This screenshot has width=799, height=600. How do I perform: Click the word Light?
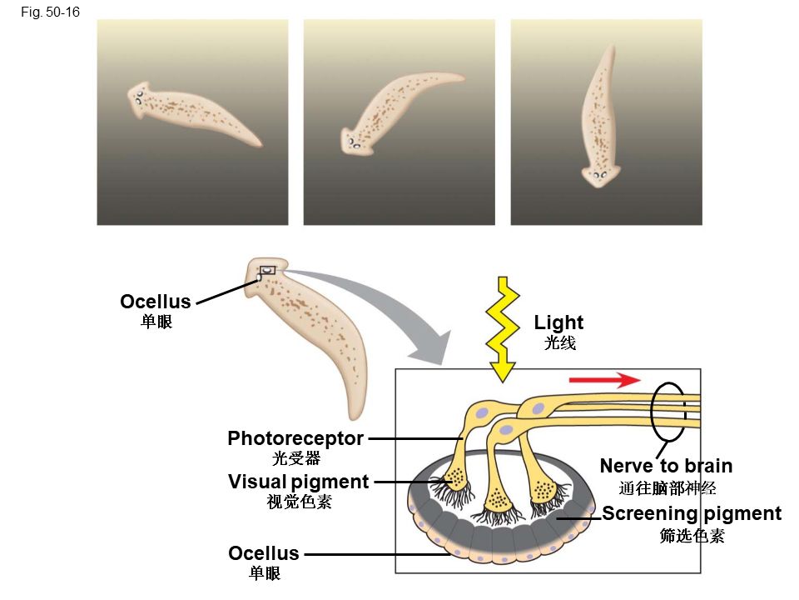point(558,322)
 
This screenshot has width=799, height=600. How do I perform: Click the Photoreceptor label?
point(295,438)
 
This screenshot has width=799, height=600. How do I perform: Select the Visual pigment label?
point(298,482)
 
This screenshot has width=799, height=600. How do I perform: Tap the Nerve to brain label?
point(666,466)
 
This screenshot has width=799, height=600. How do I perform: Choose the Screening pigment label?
point(692,513)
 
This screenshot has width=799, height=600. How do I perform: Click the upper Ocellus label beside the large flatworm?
point(156,301)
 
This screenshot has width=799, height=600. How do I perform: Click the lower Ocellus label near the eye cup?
point(264,553)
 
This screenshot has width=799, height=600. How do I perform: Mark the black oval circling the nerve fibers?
point(668,411)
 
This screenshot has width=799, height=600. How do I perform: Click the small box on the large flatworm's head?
point(267,270)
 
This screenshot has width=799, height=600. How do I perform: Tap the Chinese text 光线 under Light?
point(559,343)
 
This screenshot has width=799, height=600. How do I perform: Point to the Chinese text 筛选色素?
point(692,536)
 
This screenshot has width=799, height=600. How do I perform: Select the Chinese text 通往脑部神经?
point(667,488)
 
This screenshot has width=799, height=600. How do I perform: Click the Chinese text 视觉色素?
point(298,502)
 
